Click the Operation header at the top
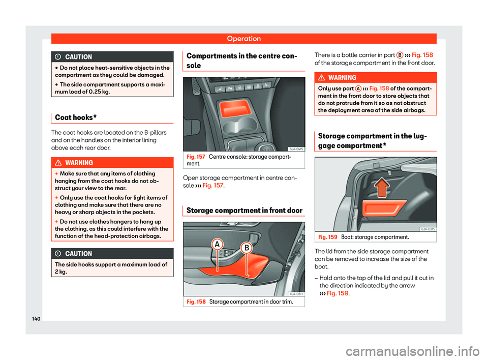tap(243, 38)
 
